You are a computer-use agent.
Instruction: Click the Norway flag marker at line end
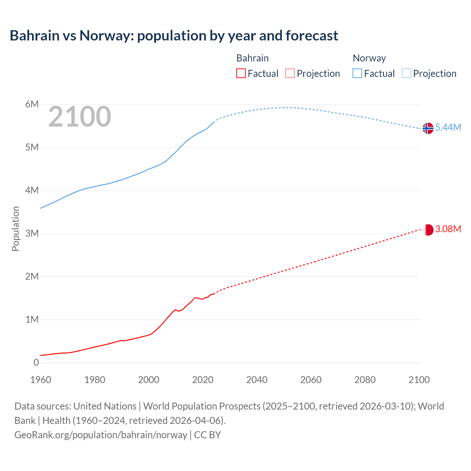[x=428, y=128]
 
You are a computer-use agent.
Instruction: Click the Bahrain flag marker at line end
[x=428, y=230]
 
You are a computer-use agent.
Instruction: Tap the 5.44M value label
[x=448, y=127]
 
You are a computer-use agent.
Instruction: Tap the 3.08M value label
[x=448, y=229]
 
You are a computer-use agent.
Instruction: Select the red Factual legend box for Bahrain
[x=241, y=73]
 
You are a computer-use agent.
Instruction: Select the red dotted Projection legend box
[x=290, y=73]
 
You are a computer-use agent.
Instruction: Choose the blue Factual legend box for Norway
[x=357, y=73]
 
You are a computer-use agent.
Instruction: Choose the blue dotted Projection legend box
[x=406, y=73]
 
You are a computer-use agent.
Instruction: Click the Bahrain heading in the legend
[x=252, y=58]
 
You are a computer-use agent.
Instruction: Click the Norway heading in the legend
[x=369, y=58]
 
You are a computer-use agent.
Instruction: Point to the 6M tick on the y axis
[x=32, y=104]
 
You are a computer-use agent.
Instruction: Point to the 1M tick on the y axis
[x=32, y=319]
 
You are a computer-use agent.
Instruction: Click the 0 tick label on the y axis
[x=36, y=362]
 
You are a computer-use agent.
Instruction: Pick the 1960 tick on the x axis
[x=40, y=380]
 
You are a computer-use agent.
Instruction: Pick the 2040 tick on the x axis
[x=257, y=380]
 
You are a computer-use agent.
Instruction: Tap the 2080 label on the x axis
[x=365, y=380]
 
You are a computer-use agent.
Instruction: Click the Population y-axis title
[x=15, y=229]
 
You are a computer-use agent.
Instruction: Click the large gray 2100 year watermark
[x=79, y=117]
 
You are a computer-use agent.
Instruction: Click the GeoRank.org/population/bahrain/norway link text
[x=101, y=435]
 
